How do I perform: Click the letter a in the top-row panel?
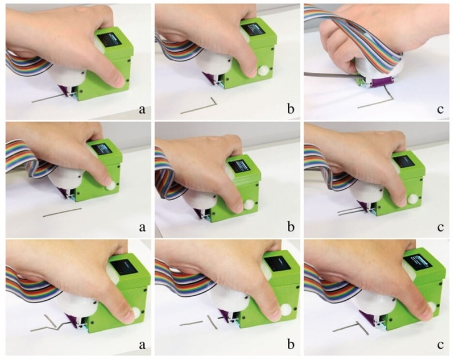(142, 110)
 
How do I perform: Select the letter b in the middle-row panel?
(291, 227)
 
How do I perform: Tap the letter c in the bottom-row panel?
(440, 345)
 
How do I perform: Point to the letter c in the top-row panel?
(440, 110)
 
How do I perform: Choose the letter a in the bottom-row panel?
(142, 345)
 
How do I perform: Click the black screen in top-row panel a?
(109, 39)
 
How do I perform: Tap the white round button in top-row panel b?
(264, 71)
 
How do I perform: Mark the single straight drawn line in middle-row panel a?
(63, 212)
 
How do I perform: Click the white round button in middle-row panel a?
(110, 186)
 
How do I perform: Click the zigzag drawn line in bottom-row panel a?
(52, 323)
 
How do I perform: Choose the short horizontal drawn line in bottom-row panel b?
(191, 323)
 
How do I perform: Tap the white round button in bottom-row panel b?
(286, 308)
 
